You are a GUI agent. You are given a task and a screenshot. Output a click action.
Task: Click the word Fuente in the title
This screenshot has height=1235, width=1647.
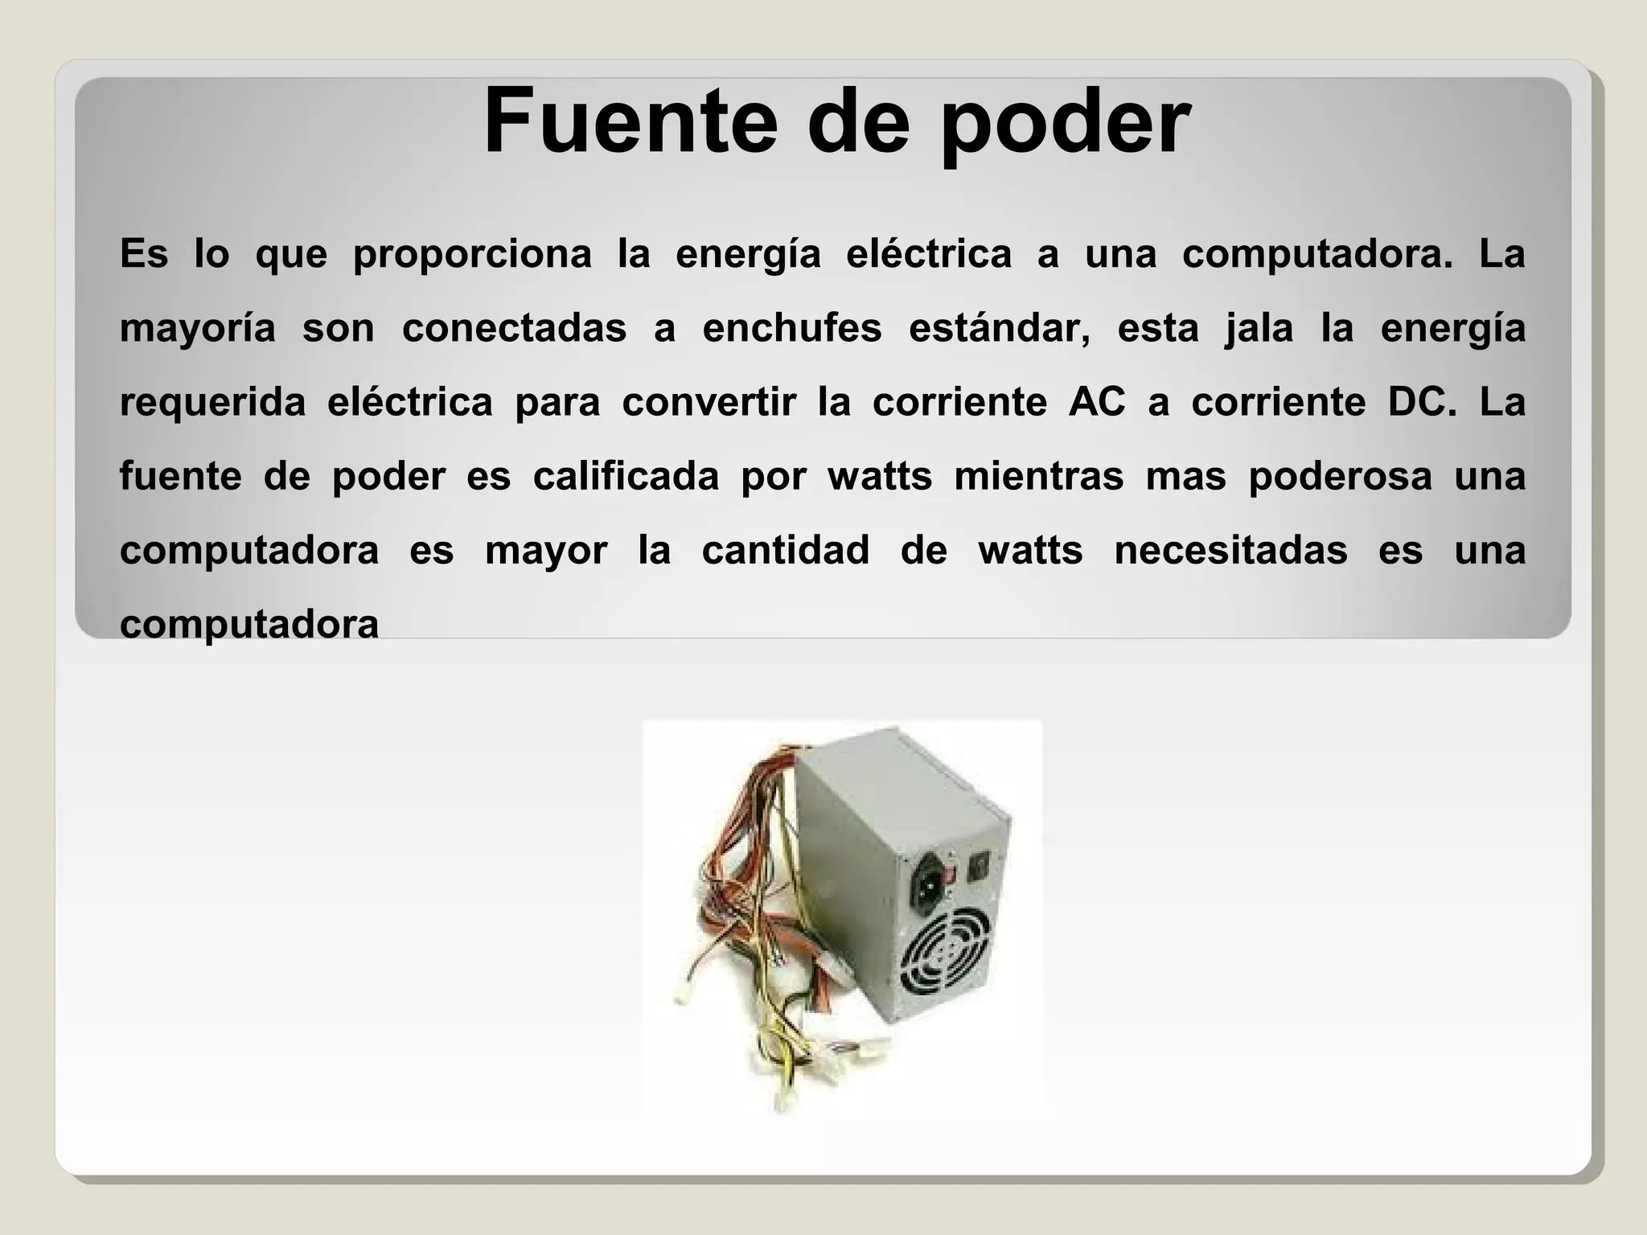630,122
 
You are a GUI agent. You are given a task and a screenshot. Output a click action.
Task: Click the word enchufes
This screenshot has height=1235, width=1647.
792,328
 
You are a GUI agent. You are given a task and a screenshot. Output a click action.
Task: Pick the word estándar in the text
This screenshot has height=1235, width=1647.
1000,328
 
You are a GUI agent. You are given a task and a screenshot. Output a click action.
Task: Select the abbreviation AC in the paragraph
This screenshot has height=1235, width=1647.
1097,402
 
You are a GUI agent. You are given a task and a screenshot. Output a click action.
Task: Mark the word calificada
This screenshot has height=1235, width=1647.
626,476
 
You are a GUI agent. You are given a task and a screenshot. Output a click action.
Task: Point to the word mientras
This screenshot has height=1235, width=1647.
1038,476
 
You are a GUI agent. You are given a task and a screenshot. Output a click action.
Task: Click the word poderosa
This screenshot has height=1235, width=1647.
1341,476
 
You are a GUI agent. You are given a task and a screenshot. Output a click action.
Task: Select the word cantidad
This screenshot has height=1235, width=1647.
786,551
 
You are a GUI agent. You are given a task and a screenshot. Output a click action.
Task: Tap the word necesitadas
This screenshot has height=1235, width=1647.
1230,551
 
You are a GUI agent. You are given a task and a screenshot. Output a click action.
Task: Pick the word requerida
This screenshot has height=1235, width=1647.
212,402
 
